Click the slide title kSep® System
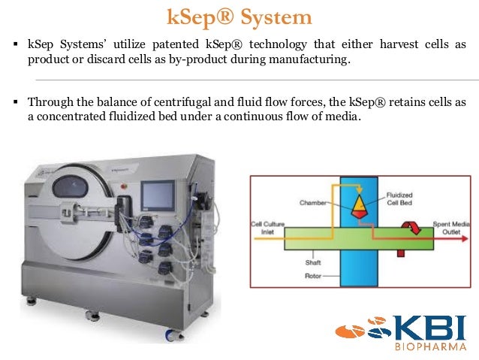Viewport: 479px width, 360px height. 239,17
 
